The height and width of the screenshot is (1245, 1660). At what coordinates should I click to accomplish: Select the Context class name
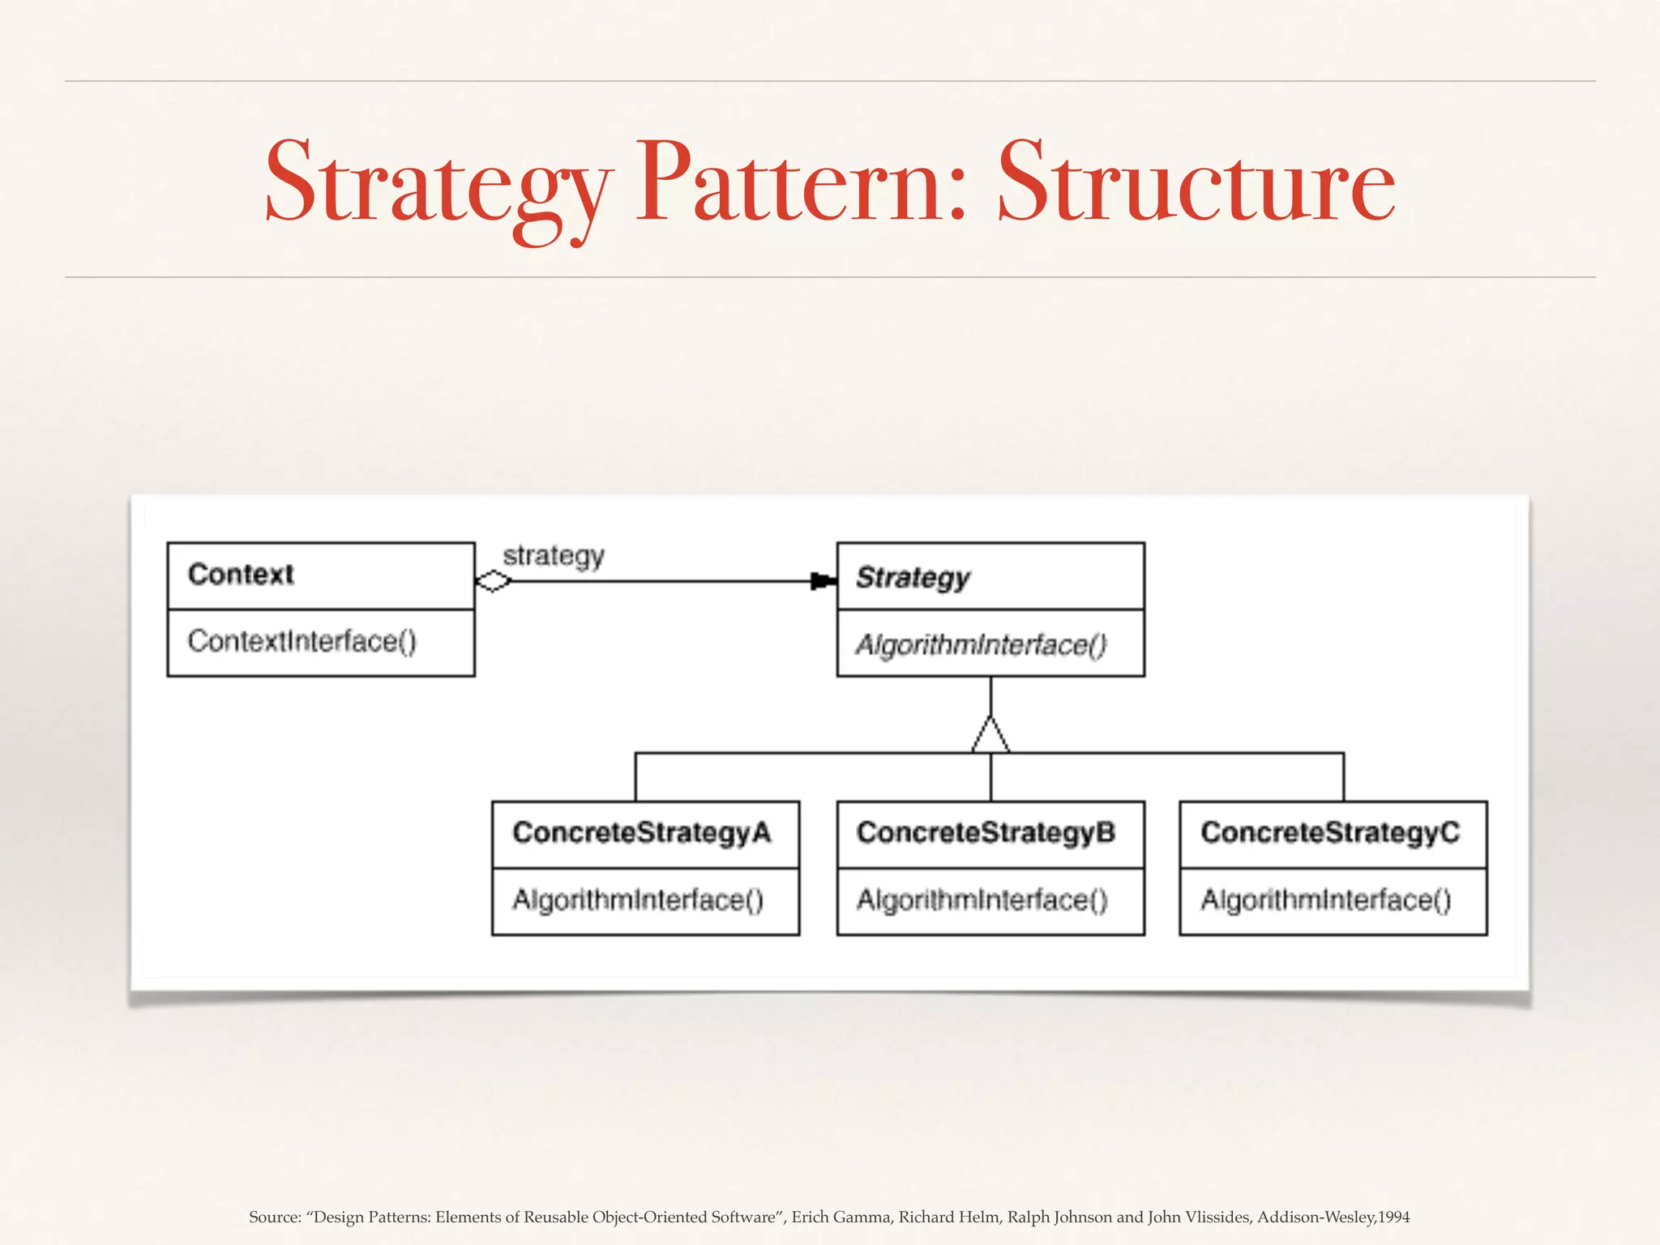pos(241,574)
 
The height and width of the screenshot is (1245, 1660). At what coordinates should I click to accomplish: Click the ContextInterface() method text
pos(302,641)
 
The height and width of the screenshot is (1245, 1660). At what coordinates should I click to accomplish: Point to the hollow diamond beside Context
pos(493,581)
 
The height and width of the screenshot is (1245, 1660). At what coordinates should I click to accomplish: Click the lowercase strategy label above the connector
pos(554,556)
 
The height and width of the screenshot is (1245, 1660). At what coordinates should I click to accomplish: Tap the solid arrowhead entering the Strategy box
pos(822,581)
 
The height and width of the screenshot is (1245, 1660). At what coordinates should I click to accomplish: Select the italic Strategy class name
pos(913,577)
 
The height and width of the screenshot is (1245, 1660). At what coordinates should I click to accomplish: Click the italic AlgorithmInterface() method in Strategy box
pos(981,644)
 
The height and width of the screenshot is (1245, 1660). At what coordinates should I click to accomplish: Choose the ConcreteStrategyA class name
pos(642,832)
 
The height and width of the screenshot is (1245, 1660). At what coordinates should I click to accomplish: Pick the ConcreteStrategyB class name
pos(986,832)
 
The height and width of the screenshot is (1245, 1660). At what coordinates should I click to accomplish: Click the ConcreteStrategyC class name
pos(1330,832)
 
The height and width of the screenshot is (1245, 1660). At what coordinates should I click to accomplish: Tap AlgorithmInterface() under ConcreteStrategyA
pos(638,900)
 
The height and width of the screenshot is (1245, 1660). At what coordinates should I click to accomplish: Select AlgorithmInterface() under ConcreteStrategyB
pos(982,900)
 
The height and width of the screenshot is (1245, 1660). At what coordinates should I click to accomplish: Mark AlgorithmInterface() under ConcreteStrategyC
pos(1326,900)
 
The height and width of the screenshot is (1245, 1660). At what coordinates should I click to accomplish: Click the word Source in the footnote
pos(273,1217)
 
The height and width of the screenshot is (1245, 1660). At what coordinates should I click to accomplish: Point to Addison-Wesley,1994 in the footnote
pos(1333,1217)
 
